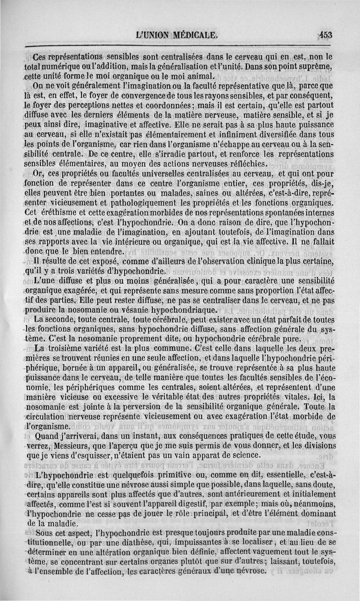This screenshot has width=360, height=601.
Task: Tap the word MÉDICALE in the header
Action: click(193, 35)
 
